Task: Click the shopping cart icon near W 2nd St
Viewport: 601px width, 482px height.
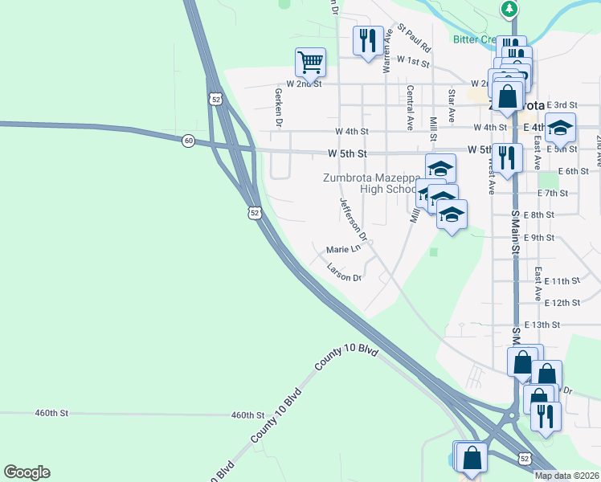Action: [x=310, y=61]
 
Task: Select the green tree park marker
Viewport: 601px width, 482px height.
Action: [x=509, y=9]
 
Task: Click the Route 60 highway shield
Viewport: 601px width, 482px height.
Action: [x=188, y=141]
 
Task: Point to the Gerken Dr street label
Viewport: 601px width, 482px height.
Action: [x=279, y=108]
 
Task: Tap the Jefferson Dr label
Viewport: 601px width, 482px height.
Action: [x=352, y=220]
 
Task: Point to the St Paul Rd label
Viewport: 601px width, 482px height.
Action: [x=415, y=38]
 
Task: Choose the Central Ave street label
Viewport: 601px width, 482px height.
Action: [x=410, y=108]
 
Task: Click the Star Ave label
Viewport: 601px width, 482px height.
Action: [x=452, y=106]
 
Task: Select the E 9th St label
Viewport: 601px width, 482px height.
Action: [x=539, y=238]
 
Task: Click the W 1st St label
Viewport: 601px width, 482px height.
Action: [x=414, y=62]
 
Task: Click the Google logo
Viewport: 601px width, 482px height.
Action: [x=27, y=472]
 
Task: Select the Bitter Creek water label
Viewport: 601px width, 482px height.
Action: [x=474, y=39]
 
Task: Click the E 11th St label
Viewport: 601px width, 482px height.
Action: [x=562, y=281]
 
